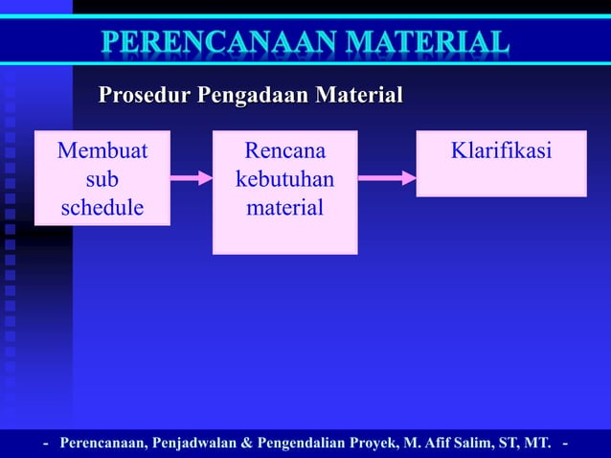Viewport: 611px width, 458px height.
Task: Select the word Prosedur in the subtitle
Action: pyautogui.click(x=145, y=96)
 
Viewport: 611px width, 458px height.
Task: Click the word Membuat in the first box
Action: pyautogui.click(x=102, y=151)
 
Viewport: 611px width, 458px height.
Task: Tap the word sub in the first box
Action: pyautogui.click(x=102, y=179)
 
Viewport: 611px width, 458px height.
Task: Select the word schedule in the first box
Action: pyautogui.click(x=102, y=207)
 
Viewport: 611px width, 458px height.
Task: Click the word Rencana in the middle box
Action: pyautogui.click(x=284, y=151)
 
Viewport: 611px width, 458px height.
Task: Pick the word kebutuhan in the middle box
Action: pyautogui.click(x=284, y=179)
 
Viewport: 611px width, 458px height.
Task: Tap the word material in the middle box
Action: pyautogui.click(x=284, y=207)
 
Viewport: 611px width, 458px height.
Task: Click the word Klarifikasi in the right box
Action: pyautogui.click(x=501, y=151)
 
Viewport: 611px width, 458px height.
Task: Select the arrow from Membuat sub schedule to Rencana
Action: pyautogui.click(x=191, y=177)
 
